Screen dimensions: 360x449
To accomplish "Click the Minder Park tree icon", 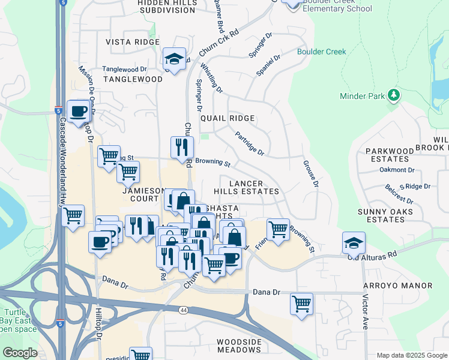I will coord(394,95).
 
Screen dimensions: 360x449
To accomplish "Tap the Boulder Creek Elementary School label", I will coord(337,8).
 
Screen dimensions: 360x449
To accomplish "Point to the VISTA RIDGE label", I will coord(133,42).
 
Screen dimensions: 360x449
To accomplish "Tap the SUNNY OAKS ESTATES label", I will coord(390,215).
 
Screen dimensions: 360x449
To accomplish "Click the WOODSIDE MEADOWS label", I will coord(238,345).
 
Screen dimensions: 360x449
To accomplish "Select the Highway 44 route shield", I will coord(184,310).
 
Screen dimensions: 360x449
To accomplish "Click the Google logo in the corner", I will coord(20,353).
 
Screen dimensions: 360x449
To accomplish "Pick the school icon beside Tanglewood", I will coord(174,59).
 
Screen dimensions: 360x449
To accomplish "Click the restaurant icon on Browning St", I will coord(182,147).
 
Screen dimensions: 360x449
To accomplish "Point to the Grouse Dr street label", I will coord(310,173).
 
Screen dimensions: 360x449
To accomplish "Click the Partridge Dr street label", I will coord(249,144).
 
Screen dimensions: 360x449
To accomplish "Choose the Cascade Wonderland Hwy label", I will coord(62,162).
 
